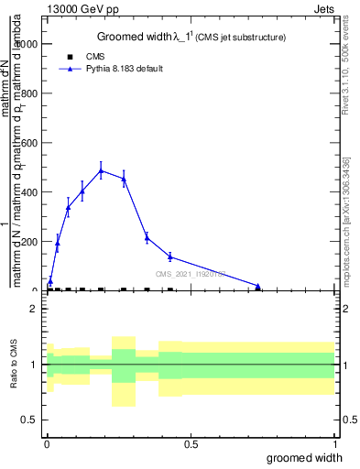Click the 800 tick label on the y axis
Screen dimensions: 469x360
tap(29, 93)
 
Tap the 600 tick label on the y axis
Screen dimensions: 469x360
tap(29, 143)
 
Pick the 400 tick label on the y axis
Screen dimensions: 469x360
tap(29, 192)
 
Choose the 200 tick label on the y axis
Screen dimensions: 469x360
tap(29, 242)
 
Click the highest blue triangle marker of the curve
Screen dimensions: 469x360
tap(101, 170)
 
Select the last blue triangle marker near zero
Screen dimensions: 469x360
tap(258, 287)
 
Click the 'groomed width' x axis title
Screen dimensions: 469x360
tap(305, 457)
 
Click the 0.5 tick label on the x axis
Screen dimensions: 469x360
tap(191, 444)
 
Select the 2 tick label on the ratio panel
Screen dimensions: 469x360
tap(34, 310)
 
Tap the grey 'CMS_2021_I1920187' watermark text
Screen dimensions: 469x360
tap(190, 274)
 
